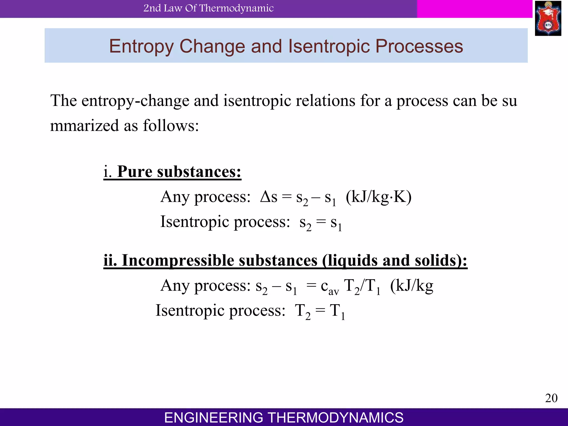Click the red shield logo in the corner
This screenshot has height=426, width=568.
click(548, 18)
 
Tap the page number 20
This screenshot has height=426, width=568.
click(551, 398)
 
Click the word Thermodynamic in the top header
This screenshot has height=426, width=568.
click(236, 8)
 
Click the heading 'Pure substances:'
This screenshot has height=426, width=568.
click(179, 172)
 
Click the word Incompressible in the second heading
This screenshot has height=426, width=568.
click(178, 260)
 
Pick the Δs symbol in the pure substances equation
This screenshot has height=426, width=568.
click(269, 197)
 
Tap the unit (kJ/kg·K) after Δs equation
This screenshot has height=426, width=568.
click(379, 197)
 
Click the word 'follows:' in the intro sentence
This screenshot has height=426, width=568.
click(171, 125)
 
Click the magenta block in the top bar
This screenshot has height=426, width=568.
click(475, 9)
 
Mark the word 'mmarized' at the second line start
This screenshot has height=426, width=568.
click(85, 125)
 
